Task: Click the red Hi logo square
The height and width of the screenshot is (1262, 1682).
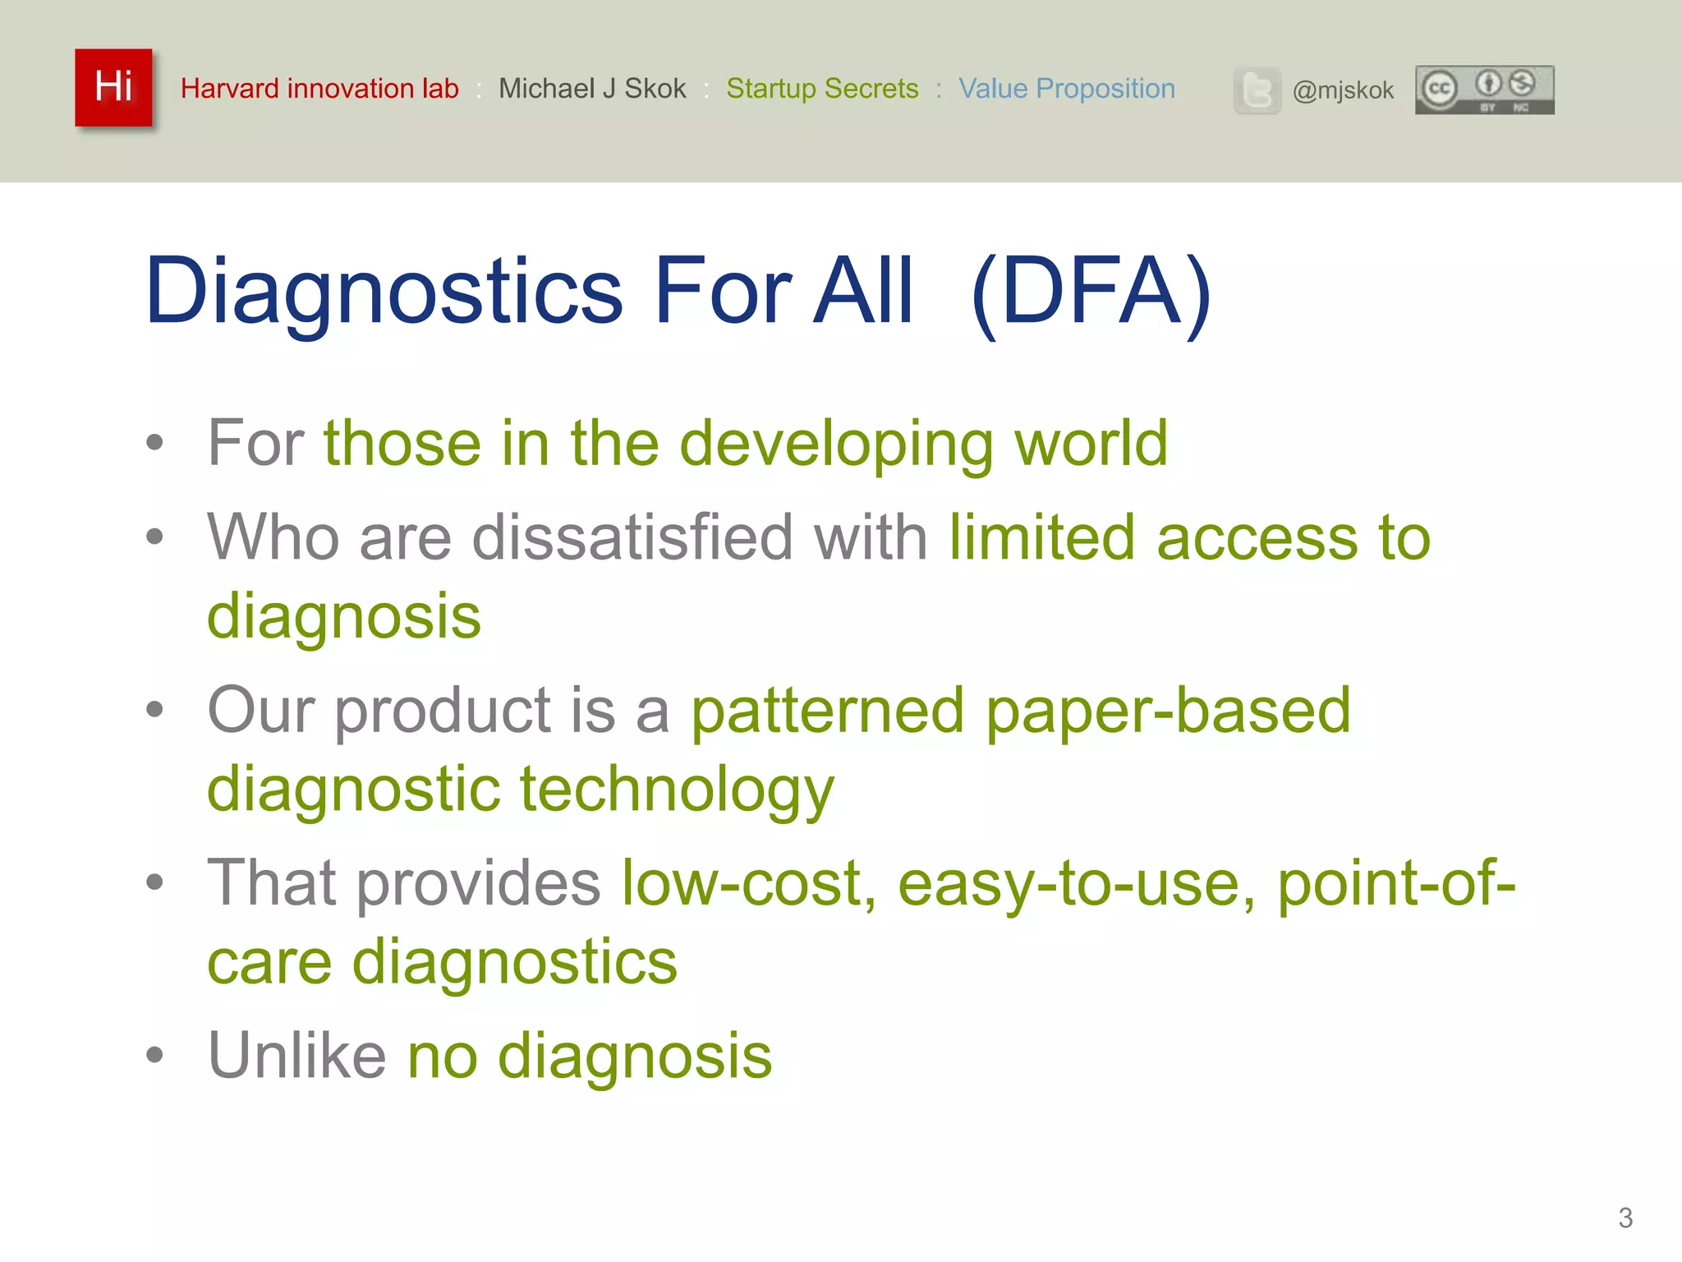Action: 113,87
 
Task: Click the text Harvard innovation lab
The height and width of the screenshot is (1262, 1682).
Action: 319,89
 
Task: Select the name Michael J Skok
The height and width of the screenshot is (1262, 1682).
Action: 592,89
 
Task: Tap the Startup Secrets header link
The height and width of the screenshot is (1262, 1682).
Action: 822,89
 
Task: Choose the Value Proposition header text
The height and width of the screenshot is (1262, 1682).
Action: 1067,89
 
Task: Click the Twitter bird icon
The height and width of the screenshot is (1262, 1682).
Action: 1257,90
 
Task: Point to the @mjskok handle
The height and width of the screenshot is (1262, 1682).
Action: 1343,90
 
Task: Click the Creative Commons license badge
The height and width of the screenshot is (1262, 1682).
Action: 1484,90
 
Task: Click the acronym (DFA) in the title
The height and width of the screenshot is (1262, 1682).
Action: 1091,292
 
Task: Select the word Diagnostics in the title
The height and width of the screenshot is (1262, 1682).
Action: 384,292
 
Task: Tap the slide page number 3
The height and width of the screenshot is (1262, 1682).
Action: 1625,1218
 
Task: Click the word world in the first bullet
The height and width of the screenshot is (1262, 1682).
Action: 1091,444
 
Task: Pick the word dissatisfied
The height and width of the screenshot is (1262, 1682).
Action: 632,538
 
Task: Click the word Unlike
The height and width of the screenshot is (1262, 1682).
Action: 296,1056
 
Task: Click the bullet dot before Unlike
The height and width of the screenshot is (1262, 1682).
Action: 154,1055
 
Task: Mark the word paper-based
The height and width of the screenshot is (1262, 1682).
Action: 1168,711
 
